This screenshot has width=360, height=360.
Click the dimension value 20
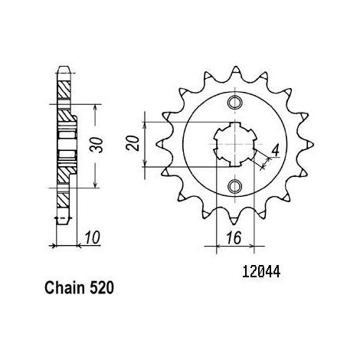tap(133, 143)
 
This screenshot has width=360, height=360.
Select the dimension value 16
tap(234, 238)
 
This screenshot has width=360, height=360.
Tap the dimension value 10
tap(92, 238)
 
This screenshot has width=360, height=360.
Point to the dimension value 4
tap(275, 151)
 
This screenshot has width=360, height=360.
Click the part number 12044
tap(261, 271)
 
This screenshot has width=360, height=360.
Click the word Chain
tap(64, 288)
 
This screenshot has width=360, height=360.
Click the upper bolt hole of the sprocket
tap(234, 103)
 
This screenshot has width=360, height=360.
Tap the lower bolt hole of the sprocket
tap(234, 186)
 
